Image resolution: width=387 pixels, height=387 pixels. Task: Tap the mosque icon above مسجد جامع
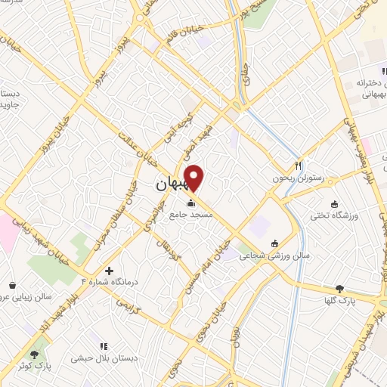pyautogui.click(x=190, y=203)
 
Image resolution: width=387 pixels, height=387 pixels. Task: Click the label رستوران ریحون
pyautogui.click(x=298, y=178)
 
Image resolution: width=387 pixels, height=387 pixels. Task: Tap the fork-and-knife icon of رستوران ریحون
pyautogui.click(x=299, y=166)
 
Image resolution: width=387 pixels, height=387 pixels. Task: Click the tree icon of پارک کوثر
pyautogui.click(x=34, y=353)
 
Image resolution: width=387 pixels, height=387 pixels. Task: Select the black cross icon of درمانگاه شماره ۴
pyautogui.click(x=110, y=271)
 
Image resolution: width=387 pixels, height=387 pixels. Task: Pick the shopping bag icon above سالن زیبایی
pyautogui.click(x=13, y=285)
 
